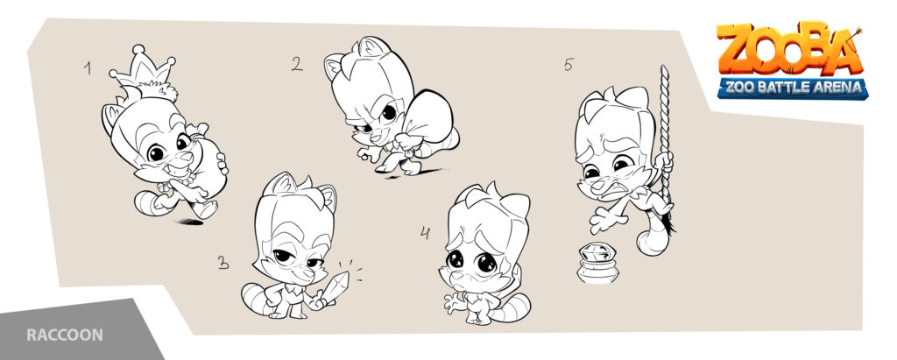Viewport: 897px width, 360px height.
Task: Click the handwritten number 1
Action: click(88, 68)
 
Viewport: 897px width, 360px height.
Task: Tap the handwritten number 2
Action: click(297, 64)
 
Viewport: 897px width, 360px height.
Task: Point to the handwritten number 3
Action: click(223, 263)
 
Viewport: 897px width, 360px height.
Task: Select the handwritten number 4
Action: click(425, 233)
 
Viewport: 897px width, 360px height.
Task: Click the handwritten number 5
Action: click(568, 65)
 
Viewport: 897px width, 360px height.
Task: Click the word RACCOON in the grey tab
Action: click(65, 335)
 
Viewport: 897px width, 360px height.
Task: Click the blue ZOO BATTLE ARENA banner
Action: click(793, 88)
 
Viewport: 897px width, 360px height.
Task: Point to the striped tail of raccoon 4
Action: click(511, 308)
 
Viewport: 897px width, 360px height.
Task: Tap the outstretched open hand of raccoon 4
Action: click(455, 304)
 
